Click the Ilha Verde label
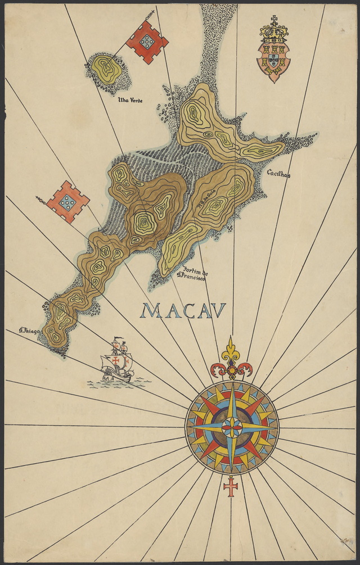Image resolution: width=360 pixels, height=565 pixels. (x=130, y=101)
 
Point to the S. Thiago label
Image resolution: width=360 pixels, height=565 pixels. (x=29, y=331)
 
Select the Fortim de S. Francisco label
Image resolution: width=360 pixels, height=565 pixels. (x=192, y=273)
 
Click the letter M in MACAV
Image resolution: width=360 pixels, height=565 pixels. (x=151, y=310)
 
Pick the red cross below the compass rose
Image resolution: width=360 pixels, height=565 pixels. (x=231, y=486)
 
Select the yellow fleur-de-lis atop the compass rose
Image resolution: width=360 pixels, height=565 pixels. (x=231, y=352)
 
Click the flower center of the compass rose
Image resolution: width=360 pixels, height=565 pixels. (x=231, y=427)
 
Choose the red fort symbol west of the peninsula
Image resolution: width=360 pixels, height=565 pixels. (x=67, y=202)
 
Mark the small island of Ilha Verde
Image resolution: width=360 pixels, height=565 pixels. (x=106, y=70)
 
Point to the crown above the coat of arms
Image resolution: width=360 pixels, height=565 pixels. (x=274, y=34)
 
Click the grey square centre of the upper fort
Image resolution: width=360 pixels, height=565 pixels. (x=147, y=40)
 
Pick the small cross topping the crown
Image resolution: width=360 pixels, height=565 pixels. (x=274, y=20)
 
